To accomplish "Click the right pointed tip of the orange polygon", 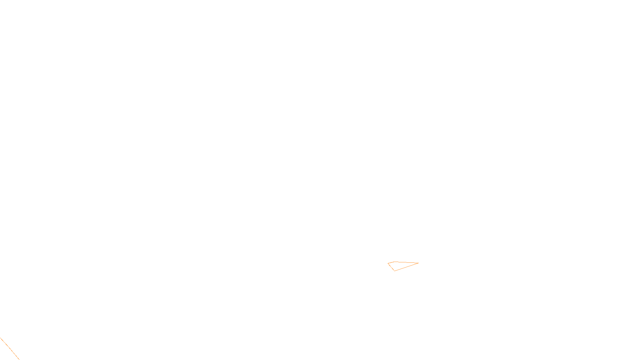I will tap(418, 263).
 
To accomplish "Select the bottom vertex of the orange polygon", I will tap(395, 271).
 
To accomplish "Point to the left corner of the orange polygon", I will tap(388, 264).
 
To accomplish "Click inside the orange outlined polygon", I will tap(398, 265).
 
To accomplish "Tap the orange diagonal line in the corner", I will tap(10, 349).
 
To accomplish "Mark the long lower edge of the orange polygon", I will tap(407, 267).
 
